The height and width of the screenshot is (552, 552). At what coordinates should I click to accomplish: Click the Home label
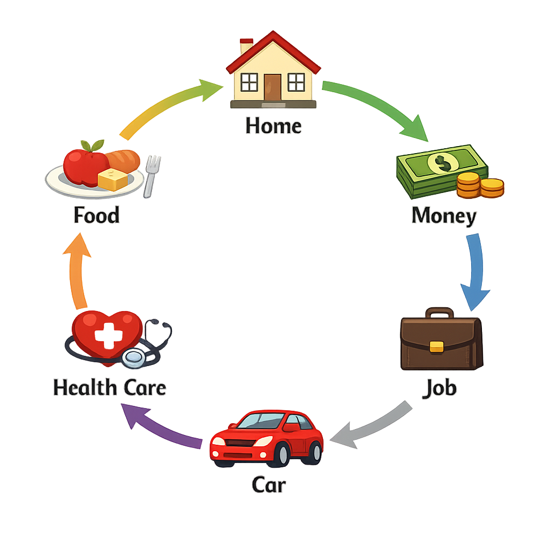pyautogui.click(x=273, y=126)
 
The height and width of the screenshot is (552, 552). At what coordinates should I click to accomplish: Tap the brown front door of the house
pyautogui.click(x=273, y=87)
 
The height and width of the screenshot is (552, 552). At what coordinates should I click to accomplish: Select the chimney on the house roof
pyautogui.click(x=247, y=45)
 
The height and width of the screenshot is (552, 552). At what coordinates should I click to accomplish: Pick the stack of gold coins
pyautogui.click(x=479, y=185)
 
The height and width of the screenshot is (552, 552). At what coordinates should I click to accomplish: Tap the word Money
pyautogui.click(x=444, y=216)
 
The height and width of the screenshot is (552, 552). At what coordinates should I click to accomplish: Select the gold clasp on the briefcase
pyautogui.click(x=437, y=346)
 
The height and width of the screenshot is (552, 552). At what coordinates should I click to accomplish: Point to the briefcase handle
pyautogui.click(x=439, y=313)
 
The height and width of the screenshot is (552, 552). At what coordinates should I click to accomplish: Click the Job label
pyautogui.click(x=439, y=388)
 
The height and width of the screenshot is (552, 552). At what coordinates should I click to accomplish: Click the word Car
pyautogui.click(x=268, y=485)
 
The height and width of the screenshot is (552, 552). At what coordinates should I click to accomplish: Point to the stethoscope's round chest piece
pyautogui.click(x=133, y=357)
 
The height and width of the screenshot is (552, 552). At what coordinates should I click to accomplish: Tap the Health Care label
pyautogui.click(x=109, y=388)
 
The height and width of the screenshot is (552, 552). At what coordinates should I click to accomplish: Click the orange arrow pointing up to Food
pyautogui.click(x=77, y=270)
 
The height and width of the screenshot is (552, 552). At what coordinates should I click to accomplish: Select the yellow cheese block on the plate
pyautogui.click(x=113, y=180)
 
